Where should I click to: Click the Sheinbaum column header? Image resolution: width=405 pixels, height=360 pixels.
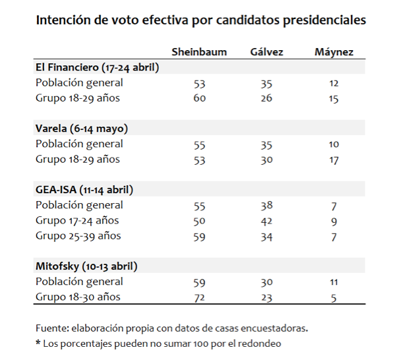pos(200,52)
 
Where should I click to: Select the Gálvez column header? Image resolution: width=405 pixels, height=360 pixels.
pos(267,52)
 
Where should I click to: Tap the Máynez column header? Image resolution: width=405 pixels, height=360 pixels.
pos(334,52)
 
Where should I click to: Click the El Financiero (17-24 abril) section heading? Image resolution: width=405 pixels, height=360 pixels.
pos(97,67)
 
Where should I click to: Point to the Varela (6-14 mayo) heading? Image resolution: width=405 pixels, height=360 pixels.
pos(81,128)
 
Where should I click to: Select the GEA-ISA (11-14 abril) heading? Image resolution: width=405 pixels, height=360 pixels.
pos(84,189)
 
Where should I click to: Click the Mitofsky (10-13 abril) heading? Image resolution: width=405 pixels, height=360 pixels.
pos(86,266)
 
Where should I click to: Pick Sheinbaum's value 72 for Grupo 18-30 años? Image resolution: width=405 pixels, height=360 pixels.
pos(200,298)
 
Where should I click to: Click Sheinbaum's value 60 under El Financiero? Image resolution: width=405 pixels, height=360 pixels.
pos(200,98)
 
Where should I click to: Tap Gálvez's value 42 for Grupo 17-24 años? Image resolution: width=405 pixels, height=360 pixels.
pos(266,221)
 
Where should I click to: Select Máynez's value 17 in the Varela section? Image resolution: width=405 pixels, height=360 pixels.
pos(333,160)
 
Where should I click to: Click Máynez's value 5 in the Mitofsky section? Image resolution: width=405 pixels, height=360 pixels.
pos(333,298)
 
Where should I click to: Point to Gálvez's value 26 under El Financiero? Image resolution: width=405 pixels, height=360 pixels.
pos(266,98)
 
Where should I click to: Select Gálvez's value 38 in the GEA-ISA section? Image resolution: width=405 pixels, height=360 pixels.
pos(266,205)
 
